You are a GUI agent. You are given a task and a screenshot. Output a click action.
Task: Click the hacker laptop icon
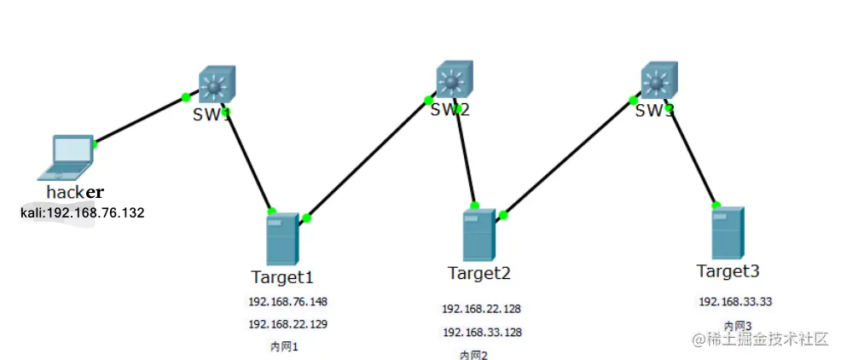pyautogui.click(x=67, y=156)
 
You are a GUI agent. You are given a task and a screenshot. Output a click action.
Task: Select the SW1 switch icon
pyautogui.click(x=217, y=86)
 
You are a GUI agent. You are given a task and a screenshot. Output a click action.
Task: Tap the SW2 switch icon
pyautogui.click(x=453, y=82)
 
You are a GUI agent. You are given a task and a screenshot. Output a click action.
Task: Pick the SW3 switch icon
pyautogui.click(x=658, y=82)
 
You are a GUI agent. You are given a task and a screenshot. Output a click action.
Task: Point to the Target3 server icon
pyautogui.click(x=728, y=233)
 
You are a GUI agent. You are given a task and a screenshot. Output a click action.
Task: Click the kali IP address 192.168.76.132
pyautogui.click(x=82, y=212)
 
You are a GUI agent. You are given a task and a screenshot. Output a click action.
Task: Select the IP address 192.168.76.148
pyautogui.click(x=287, y=302)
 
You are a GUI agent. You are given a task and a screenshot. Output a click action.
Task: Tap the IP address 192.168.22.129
pyautogui.click(x=287, y=324)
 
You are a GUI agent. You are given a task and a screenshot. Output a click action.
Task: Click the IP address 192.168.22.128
pyautogui.click(x=481, y=309)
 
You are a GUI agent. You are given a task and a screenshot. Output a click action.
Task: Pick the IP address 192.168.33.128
pyautogui.click(x=481, y=332)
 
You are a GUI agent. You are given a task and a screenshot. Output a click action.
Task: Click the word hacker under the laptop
pyautogui.click(x=75, y=192)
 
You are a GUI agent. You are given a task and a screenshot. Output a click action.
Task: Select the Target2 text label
pyautogui.click(x=478, y=273)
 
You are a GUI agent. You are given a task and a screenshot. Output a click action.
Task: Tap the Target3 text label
pyautogui.click(x=727, y=271)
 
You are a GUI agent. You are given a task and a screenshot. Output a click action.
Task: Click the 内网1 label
pyautogui.click(x=284, y=346)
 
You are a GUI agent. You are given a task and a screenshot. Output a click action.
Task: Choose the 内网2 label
pyautogui.click(x=473, y=355)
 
